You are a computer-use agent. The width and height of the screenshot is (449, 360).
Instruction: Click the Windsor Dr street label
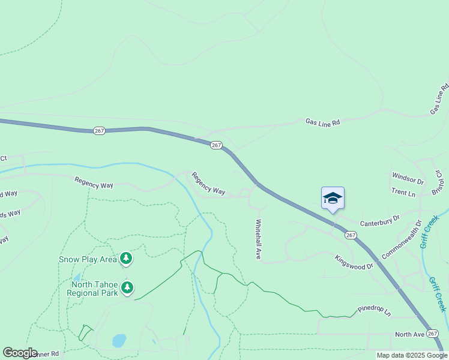click(x=408, y=178)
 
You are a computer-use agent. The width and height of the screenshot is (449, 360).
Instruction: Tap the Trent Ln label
click(x=403, y=193)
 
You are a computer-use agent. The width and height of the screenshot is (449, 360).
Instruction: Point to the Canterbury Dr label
click(x=379, y=222)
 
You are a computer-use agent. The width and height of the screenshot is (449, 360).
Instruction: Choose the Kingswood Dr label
click(x=354, y=262)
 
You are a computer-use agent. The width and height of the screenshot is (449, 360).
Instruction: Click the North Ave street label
click(x=409, y=334)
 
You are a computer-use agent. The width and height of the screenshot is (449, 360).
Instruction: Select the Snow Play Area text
click(x=88, y=259)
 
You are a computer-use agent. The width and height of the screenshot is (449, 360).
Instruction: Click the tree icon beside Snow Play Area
click(x=126, y=259)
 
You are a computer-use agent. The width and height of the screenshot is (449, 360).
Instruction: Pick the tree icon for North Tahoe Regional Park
click(x=127, y=288)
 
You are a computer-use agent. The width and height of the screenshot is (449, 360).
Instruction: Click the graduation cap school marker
click(x=333, y=198)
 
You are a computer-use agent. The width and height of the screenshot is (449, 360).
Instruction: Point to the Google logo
click(x=20, y=353)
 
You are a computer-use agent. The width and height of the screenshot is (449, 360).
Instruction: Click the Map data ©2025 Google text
click(x=412, y=355)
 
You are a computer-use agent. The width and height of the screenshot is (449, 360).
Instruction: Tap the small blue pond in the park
click(x=119, y=341)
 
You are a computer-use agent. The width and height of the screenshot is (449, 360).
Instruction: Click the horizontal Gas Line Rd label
click(x=322, y=122)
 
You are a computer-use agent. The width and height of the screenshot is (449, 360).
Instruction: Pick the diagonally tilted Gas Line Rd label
click(x=439, y=100)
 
